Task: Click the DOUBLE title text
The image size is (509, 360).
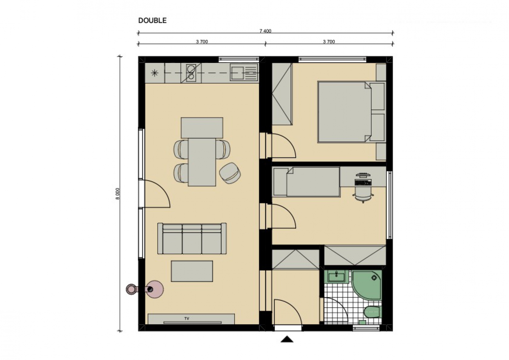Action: coord(152,20)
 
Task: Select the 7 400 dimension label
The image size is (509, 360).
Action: coord(265,31)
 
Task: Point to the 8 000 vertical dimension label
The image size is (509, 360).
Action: coord(117,194)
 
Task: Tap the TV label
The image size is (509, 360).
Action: coord(187,319)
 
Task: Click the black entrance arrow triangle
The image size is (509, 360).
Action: coord(287,339)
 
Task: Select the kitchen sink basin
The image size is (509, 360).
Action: coord(237,73)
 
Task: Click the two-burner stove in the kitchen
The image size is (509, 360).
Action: coord(191,73)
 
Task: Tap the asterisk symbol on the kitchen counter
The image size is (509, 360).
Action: coord(155,73)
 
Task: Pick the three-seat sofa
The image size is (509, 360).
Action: coord(192,239)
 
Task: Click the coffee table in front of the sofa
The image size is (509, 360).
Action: coord(192,271)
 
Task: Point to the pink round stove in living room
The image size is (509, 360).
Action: coord(154,289)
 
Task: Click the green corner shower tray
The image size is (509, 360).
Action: coord(367,285)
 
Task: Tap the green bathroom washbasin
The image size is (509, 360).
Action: coord(336,276)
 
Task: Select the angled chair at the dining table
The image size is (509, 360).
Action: coord(230,173)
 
